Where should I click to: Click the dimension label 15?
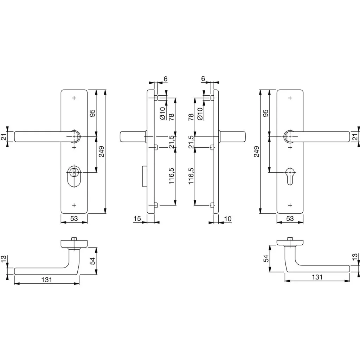coord(137,218)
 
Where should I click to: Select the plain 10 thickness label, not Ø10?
coord(228,219)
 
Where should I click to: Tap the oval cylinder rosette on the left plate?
coord(74,176)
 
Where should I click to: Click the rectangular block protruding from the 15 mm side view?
coord(144,176)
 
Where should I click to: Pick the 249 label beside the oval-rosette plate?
coord(101,152)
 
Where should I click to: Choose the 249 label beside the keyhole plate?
coord(256,152)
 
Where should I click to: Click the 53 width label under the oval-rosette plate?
coord(74,218)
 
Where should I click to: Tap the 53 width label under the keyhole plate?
coord(290,218)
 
